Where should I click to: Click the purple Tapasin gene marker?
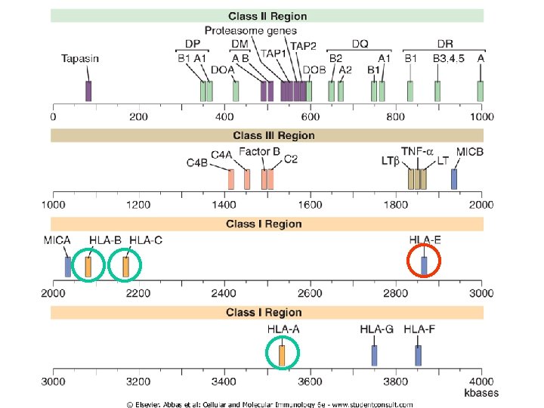88,91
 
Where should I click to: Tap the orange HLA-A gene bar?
283,355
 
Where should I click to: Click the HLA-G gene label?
376,329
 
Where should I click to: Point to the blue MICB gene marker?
454,179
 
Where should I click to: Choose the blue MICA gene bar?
68,267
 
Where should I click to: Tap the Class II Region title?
267,16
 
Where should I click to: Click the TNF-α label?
417,151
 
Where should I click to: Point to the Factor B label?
259,152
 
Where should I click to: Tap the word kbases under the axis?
481,393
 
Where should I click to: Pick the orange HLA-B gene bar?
88,267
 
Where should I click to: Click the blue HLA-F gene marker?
418,355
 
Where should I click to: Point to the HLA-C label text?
146,240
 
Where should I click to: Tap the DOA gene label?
223,70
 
